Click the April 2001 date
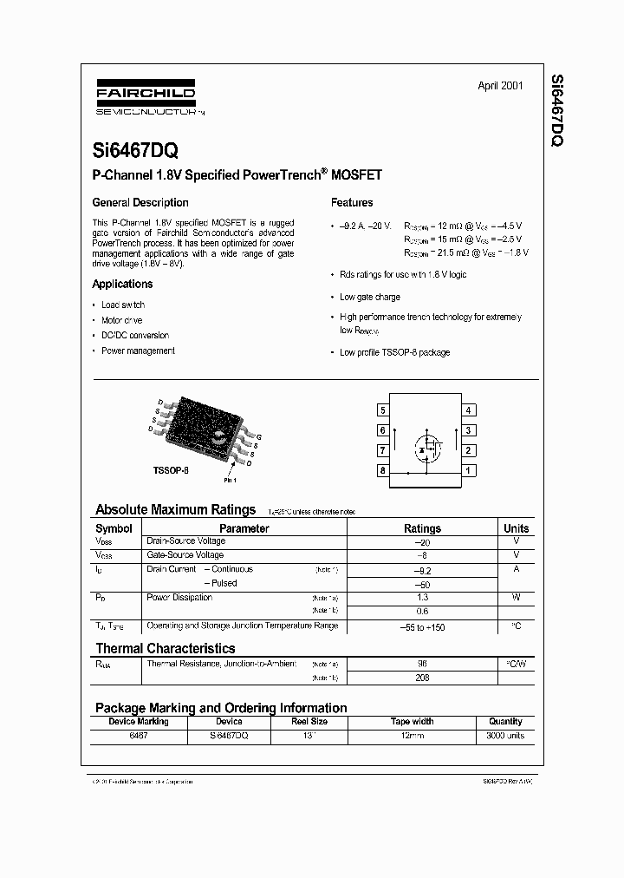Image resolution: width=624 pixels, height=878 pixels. [x=500, y=86]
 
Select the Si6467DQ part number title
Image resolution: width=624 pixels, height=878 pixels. [x=136, y=149]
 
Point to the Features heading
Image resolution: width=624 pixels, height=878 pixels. [x=352, y=202]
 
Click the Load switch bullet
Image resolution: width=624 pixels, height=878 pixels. [x=123, y=305]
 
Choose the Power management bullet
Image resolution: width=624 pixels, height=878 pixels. [x=138, y=351]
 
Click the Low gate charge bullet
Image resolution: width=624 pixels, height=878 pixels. [x=369, y=297]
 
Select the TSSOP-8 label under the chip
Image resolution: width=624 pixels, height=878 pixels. [x=171, y=468]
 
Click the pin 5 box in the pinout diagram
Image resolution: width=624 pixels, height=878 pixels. [x=382, y=410]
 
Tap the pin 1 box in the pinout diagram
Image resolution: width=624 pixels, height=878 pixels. [x=468, y=470]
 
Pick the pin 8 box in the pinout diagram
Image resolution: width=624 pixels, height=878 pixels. [x=382, y=470]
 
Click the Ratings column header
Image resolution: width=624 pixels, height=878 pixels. [x=422, y=527]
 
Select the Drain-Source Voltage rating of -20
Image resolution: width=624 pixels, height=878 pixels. [x=422, y=541]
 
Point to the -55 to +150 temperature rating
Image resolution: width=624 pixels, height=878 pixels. [x=422, y=626]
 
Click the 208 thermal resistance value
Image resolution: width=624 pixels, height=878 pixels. [x=422, y=678]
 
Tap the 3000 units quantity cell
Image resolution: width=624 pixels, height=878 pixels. [x=505, y=735]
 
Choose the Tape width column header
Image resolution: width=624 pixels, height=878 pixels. [x=412, y=721]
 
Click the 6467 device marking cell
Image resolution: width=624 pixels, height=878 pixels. [x=139, y=735]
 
